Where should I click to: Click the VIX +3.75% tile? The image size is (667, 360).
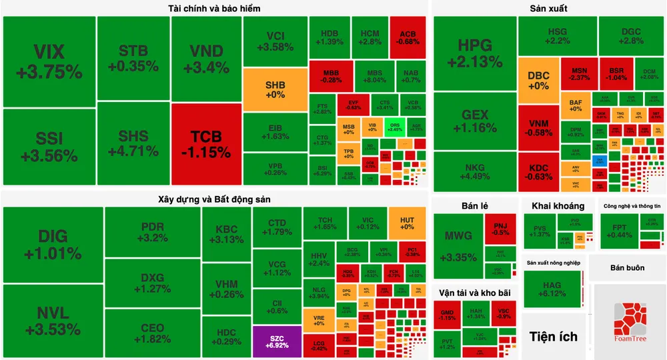(49, 61)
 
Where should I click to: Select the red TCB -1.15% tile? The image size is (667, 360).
(205, 144)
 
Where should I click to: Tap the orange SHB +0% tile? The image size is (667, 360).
(275, 89)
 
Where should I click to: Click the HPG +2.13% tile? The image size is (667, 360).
(475, 53)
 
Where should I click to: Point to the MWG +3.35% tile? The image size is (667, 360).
(458, 245)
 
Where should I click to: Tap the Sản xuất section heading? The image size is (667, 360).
(548, 9)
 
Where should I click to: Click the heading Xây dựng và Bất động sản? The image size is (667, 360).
(214, 199)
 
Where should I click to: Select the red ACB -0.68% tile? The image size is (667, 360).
(408, 38)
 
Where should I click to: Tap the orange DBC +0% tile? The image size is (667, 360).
(538, 80)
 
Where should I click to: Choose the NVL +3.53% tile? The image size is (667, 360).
(53, 321)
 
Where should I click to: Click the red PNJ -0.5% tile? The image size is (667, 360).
(500, 229)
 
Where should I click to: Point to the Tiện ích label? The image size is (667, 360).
(553, 335)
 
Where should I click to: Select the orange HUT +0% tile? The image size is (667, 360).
(407, 223)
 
